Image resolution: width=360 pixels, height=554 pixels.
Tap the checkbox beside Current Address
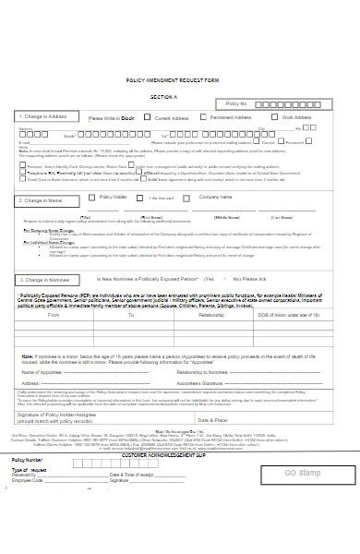coord(150,118)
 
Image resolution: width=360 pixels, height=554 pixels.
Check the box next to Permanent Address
coord(204,118)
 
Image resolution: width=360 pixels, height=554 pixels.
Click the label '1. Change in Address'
coord(43,117)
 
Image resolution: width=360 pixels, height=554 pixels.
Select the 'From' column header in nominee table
coord(53,315)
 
